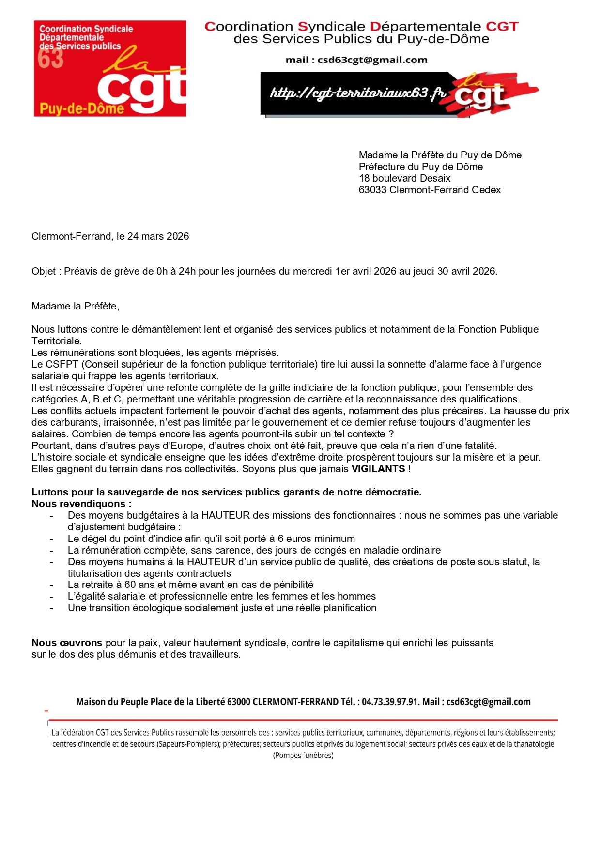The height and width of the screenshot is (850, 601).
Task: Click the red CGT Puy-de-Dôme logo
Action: coord(110,68)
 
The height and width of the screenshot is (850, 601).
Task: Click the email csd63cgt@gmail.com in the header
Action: coord(372,60)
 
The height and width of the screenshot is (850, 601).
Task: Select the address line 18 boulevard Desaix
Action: coord(404,178)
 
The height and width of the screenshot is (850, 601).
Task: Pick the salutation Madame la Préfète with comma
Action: coord(75,306)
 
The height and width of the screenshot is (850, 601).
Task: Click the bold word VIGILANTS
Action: coord(378,469)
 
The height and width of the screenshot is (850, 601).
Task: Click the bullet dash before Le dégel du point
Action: coord(51,539)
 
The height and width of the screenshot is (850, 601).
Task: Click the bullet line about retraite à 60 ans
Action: coord(190,585)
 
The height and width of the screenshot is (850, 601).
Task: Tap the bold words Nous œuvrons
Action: coord(67,643)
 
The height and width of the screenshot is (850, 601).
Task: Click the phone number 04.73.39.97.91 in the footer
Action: coord(390,702)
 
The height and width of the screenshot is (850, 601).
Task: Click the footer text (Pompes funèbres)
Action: coord(303,756)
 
